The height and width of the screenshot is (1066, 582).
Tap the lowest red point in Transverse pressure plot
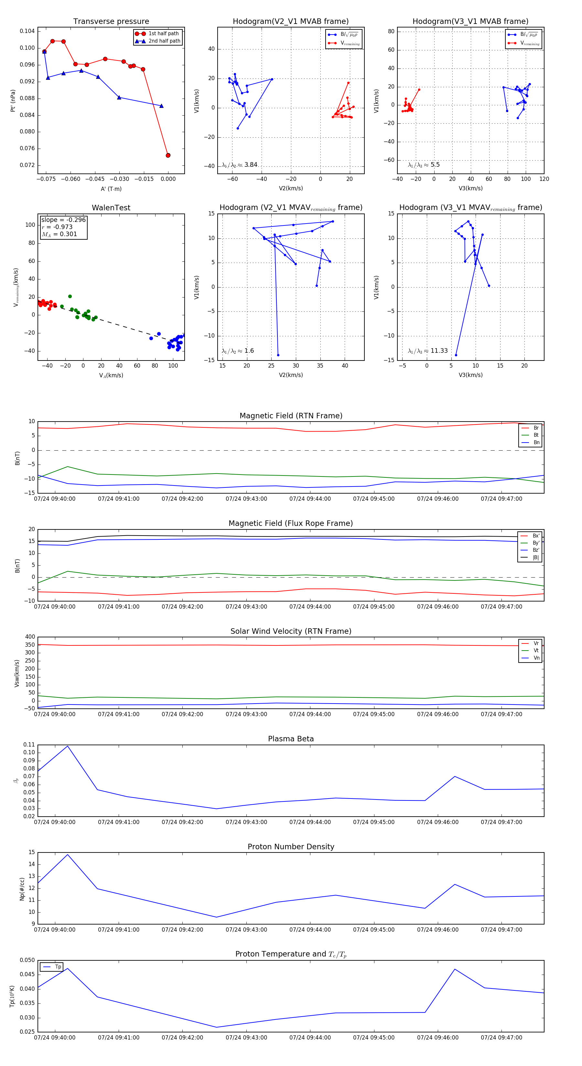(x=168, y=155)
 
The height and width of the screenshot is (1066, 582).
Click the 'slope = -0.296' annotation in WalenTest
(x=63, y=220)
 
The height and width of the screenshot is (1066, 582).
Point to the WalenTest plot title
(x=111, y=208)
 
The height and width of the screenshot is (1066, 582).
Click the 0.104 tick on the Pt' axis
(x=27, y=31)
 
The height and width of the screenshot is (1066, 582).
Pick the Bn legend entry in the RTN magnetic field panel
(x=536, y=442)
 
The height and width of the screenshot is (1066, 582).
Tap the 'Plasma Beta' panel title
(x=291, y=739)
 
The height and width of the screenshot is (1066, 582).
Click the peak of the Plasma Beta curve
(x=68, y=746)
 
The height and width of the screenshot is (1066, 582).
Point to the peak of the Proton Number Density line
(x=68, y=854)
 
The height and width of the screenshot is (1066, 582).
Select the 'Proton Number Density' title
(x=291, y=847)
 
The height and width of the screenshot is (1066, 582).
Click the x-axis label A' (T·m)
(x=111, y=189)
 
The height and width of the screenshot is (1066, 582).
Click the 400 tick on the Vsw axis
(x=30, y=637)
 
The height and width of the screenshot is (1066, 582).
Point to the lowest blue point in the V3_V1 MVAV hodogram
(x=456, y=355)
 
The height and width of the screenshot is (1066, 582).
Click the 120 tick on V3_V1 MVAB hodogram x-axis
(x=544, y=179)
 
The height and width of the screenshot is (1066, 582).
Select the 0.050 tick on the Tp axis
(x=27, y=960)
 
